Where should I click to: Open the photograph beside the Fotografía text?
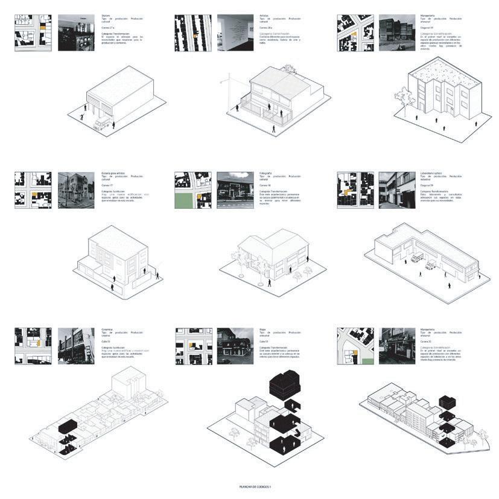pos(235,190)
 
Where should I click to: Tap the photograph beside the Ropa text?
pos(235,346)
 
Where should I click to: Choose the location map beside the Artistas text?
pos(193,33)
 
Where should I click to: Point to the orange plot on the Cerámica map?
pos(39,342)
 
